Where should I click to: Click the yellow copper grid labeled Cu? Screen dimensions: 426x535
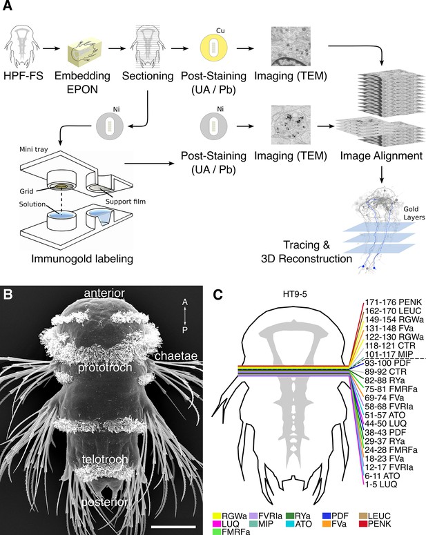213,48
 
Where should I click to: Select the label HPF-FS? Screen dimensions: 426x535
23,75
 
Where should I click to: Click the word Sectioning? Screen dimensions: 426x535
148,75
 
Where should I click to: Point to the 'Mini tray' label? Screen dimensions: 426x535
33,149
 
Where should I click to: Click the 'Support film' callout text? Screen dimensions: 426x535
126,202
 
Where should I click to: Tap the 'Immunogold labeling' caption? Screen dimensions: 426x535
82,259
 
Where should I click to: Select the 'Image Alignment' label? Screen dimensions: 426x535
381,156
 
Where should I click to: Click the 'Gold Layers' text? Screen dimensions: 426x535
414,213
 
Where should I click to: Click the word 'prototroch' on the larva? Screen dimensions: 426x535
105,367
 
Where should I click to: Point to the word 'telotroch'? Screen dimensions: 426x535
105,459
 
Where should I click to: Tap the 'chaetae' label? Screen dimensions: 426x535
176,356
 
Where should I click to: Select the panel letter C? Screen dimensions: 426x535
217,295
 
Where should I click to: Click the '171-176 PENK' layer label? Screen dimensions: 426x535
394,302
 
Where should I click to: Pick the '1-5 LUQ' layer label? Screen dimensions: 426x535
381,485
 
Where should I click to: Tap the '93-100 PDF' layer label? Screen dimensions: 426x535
388,362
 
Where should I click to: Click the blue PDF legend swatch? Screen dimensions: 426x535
327,516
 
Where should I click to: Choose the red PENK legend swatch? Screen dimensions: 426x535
364,523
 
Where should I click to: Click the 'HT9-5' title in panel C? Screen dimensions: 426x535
295,294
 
